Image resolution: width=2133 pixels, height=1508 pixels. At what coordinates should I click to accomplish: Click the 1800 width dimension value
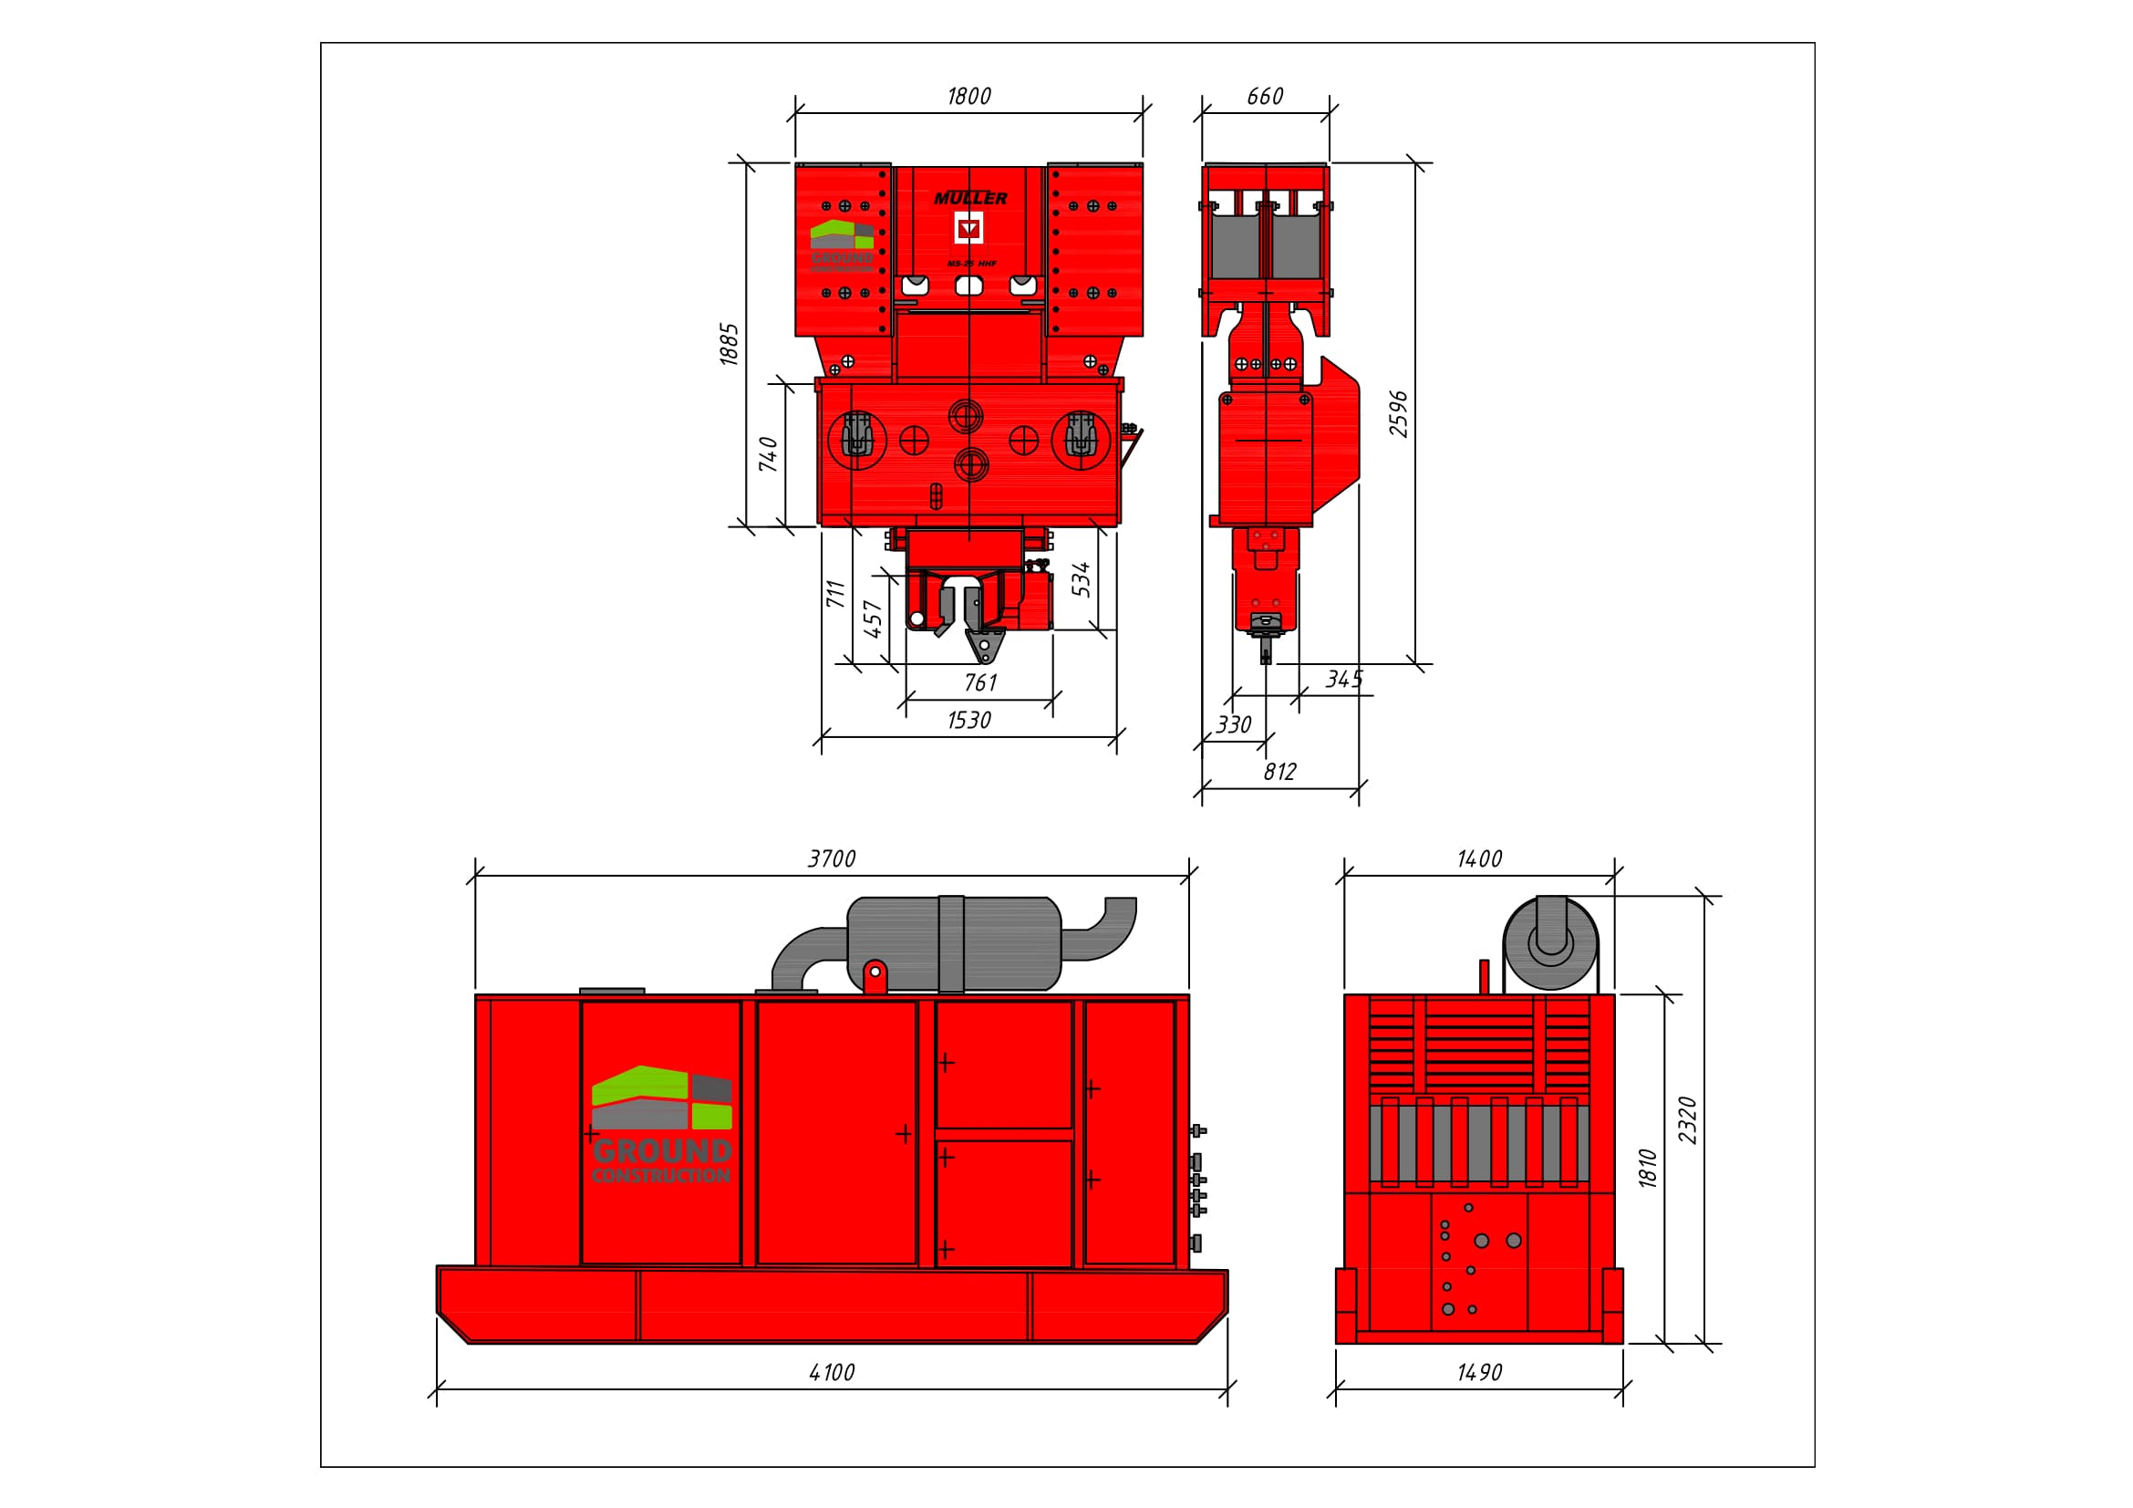[968, 97]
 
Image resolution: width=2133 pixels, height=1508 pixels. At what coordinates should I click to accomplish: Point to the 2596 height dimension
[1398, 414]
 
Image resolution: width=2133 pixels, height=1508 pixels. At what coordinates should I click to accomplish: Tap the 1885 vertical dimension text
[730, 344]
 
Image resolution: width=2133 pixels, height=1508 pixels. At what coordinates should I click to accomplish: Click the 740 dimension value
[768, 454]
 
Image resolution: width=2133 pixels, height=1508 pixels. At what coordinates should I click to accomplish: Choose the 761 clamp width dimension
[980, 683]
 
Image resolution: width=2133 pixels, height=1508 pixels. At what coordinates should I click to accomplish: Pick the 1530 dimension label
[968, 720]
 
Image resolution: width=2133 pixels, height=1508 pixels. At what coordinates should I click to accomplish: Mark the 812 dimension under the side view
[1279, 772]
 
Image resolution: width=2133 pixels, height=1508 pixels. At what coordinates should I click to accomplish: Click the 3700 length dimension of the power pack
[832, 858]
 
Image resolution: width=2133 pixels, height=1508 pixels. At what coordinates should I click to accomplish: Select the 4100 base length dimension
[832, 1372]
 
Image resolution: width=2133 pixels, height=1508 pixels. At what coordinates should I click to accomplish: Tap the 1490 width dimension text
[1479, 1372]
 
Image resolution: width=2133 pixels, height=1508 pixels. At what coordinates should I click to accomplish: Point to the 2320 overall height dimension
[1688, 1120]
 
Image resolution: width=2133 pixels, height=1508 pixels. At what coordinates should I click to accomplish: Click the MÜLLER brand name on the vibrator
[970, 198]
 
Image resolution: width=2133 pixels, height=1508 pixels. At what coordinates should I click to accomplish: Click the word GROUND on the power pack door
[661, 1152]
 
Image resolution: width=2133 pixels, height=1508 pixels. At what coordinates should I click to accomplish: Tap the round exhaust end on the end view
[1550, 943]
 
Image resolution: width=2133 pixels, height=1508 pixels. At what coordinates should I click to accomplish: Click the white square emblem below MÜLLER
[969, 228]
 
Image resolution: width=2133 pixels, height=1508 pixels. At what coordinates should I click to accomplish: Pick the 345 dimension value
[1343, 680]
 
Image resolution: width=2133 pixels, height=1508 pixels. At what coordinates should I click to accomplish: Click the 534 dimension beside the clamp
[1081, 579]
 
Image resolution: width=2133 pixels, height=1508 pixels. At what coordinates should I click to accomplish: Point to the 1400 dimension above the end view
[1479, 858]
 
